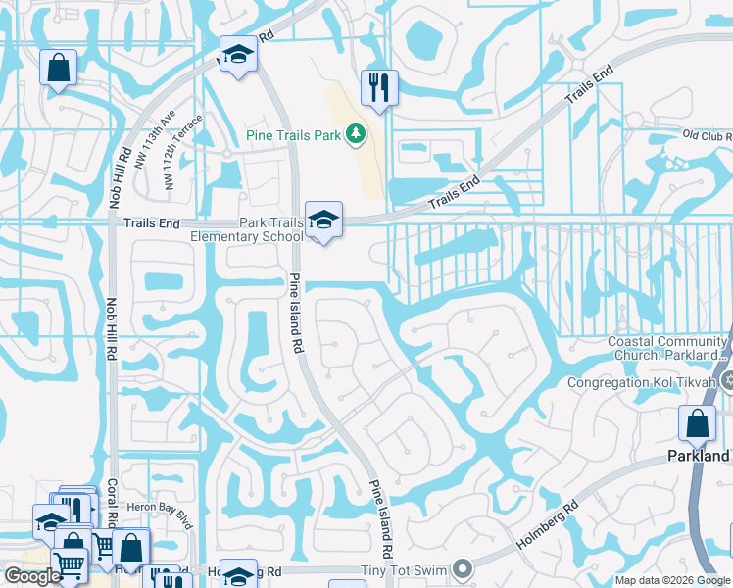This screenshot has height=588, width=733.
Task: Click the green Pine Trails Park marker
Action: pos(356,133)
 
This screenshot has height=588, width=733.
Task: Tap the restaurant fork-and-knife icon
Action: pos(377,88)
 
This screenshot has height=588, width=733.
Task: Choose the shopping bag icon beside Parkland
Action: pos(697,424)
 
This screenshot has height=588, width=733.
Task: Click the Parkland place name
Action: pos(699,457)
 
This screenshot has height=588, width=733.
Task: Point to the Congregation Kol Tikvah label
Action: pos(642,381)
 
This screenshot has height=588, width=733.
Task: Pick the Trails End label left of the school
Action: pos(152,223)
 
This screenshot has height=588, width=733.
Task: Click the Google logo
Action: pos(32,576)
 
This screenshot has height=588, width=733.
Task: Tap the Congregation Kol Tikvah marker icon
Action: pos(726,380)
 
